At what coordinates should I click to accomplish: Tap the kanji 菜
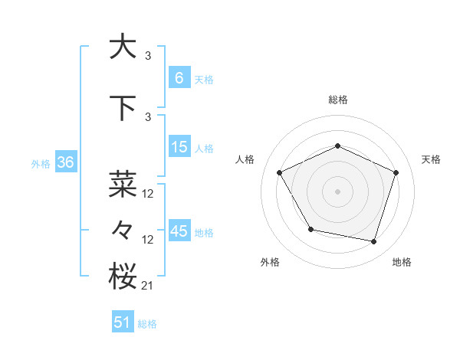123,184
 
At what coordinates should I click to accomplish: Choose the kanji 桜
123,276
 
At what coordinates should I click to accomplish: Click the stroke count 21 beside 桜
148,286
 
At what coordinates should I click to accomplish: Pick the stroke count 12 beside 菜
148,194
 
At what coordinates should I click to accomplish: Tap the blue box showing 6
179,77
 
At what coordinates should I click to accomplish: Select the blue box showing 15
179,147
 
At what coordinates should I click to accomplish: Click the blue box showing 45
179,231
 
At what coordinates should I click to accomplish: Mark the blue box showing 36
65,162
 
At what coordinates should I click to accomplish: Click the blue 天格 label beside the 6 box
204,79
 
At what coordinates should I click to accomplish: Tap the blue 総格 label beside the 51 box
147,324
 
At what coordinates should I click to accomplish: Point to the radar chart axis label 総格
338,100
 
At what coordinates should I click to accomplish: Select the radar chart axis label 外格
270,262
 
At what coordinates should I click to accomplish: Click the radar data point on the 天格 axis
396,172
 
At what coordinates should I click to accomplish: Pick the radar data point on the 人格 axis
280,172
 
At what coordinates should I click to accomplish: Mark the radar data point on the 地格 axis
373,241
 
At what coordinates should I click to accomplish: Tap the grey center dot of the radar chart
338,191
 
